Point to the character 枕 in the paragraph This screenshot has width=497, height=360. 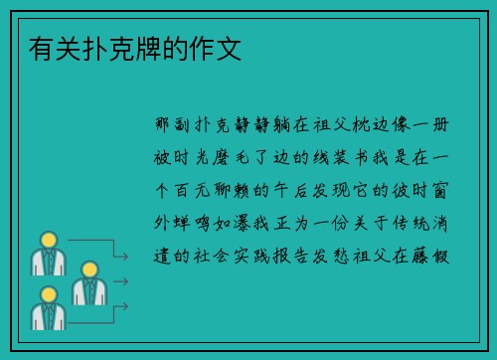[361, 128]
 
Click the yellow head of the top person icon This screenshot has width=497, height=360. [47, 240]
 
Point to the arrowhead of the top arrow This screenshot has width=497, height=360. [125, 258]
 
